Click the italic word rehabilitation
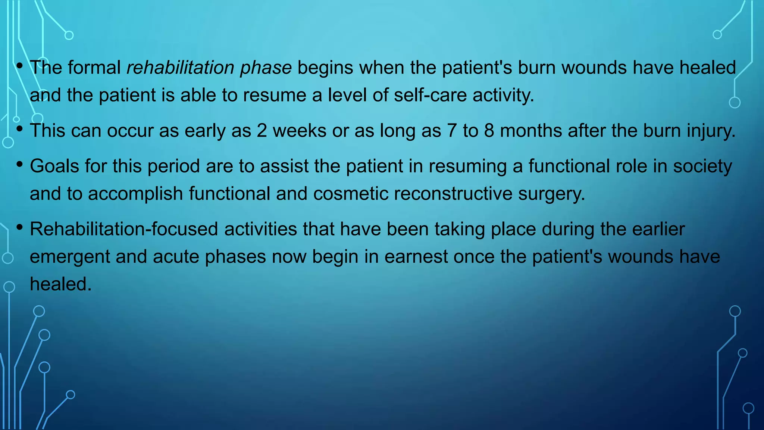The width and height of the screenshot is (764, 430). click(x=180, y=68)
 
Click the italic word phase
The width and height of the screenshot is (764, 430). click(x=266, y=68)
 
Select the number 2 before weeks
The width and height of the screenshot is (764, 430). click(x=262, y=131)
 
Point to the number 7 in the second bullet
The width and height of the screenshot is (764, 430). click(x=452, y=131)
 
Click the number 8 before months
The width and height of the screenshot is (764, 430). click(x=489, y=131)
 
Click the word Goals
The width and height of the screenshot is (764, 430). click(x=54, y=166)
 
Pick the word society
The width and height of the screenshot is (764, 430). click(x=702, y=166)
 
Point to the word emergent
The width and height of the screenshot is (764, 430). click(x=70, y=257)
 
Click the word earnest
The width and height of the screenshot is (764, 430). click(x=416, y=257)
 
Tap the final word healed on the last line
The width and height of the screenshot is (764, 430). click(x=60, y=284)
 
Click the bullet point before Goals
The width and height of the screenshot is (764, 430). click(x=19, y=164)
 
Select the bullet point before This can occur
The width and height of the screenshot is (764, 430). click(x=19, y=129)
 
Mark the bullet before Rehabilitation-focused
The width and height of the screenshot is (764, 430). click(x=19, y=227)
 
